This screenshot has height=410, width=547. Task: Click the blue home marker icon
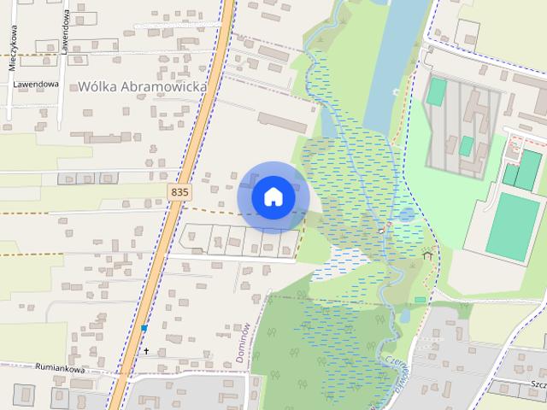tap(273, 196)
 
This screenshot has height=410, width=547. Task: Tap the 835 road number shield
tap(179, 193)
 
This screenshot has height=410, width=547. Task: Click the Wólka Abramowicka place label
tap(144, 85)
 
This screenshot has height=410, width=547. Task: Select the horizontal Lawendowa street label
tap(35, 85)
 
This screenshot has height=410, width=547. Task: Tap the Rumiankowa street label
tap(60, 369)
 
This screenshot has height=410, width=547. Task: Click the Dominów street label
tap(244, 343)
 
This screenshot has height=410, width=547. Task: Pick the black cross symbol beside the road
tap(146, 351)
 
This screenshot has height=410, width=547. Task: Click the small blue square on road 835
tap(144, 328)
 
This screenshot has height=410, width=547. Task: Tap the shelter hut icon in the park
tap(427, 254)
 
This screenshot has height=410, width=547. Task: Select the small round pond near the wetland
tap(407, 214)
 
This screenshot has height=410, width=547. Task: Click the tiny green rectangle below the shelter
tap(420, 299)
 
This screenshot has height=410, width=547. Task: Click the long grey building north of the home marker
tap(282, 122)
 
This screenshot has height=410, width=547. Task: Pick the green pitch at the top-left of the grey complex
tap(437, 91)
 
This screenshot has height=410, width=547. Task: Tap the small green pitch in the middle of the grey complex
tap(467, 146)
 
